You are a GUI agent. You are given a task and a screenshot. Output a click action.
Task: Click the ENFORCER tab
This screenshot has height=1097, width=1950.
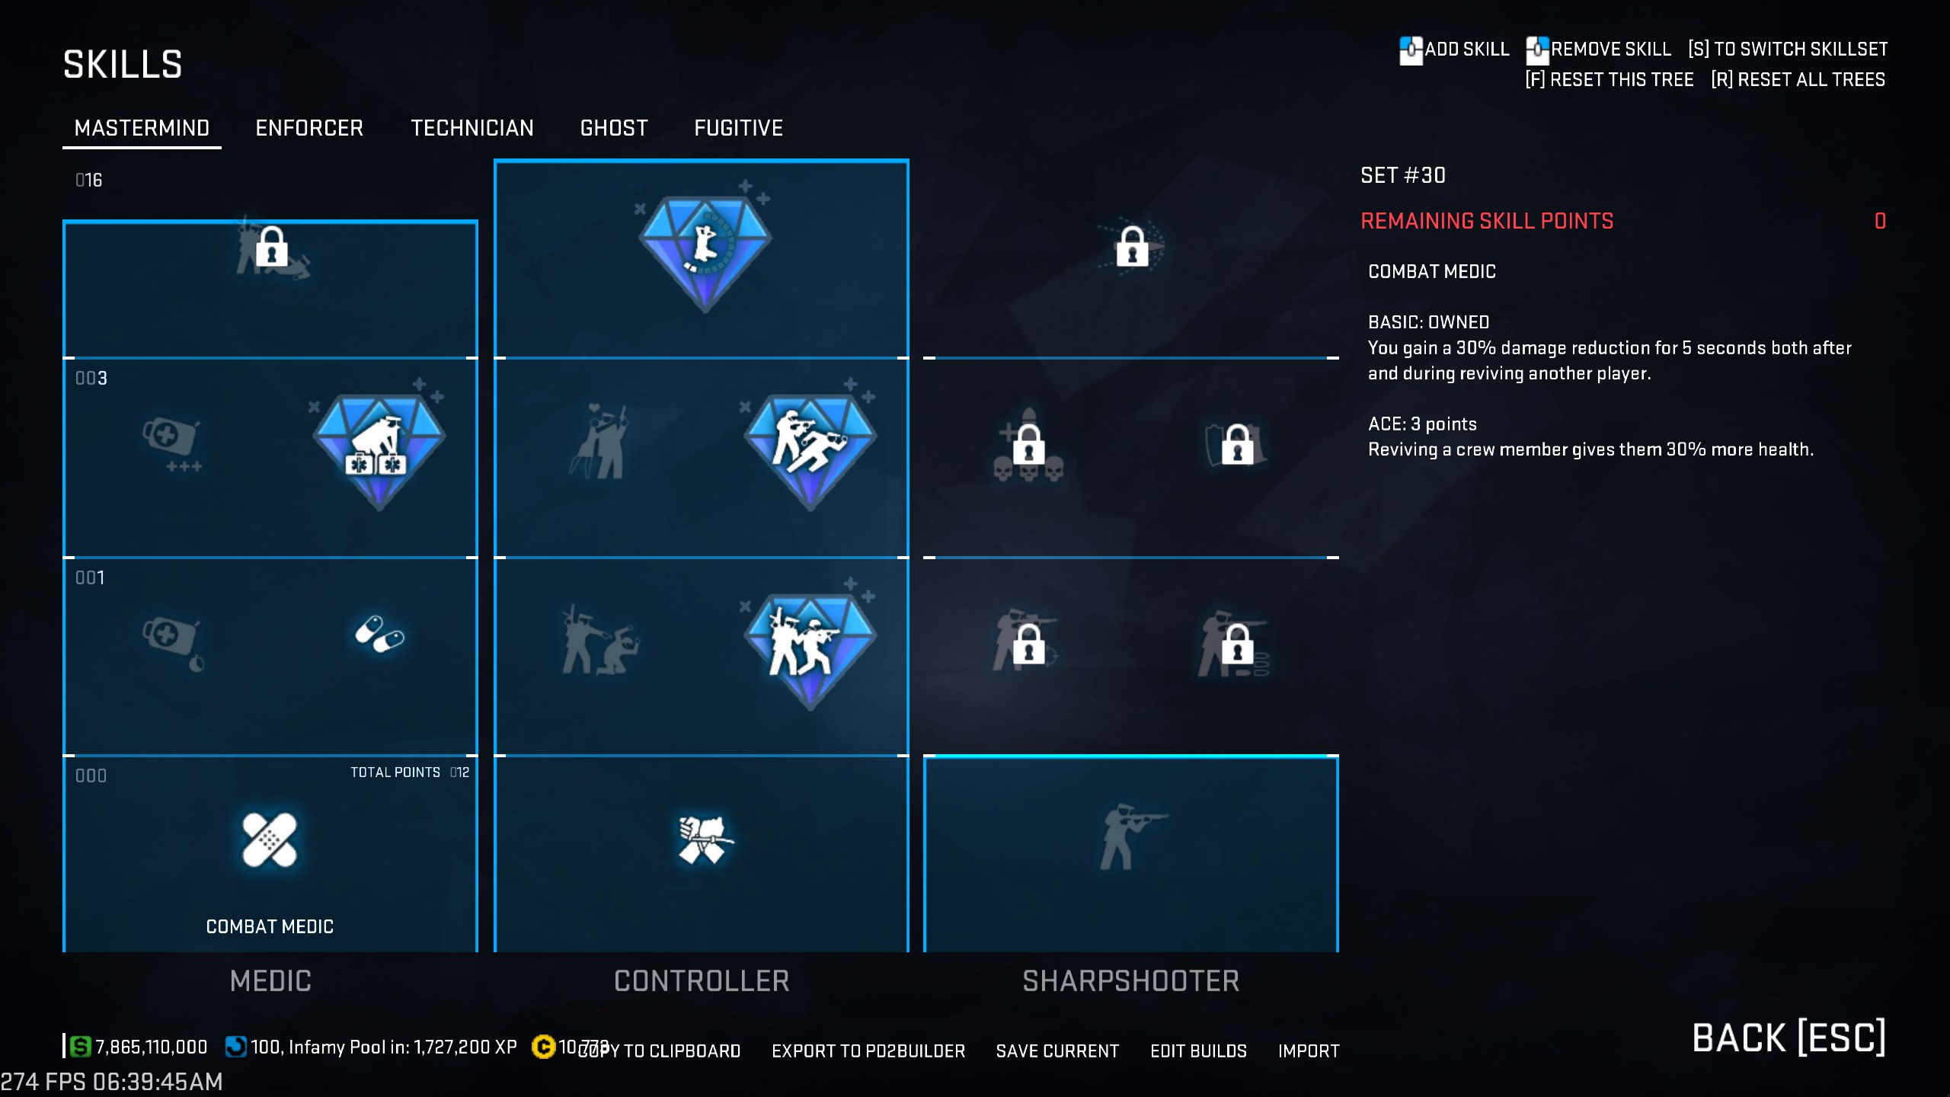pyautogui.click(x=309, y=128)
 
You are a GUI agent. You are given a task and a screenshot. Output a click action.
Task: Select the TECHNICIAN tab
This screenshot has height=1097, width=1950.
pyautogui.click(x=472, y=128)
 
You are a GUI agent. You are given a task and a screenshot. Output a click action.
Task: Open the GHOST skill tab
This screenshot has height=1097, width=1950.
pyautogui.click(x=614, y=128)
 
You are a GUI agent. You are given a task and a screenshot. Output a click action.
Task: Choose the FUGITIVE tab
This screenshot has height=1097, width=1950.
pyautogui.click(x=738, y=128)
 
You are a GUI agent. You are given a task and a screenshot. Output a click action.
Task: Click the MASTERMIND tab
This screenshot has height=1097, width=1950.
pyautogui.click(x=142, y=128)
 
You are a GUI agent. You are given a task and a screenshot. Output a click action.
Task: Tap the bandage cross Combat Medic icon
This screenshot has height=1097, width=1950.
pyautogui.click(x=270, y=840)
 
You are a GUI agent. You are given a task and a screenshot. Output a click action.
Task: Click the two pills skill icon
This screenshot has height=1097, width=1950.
pyautogui.click(x=379, y=634)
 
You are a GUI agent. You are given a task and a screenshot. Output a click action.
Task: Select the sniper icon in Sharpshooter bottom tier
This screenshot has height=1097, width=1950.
pyautogui.click(x=1130, y=836)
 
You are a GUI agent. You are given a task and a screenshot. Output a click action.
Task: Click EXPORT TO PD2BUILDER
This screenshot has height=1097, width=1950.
pyautogui.click(x=868, y=1051)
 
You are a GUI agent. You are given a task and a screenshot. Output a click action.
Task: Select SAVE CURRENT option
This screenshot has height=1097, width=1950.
pyautogui.click(x=1057, y=1051)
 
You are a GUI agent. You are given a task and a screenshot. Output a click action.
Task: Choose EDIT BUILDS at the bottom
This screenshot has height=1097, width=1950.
pyautogui.click(x=1198, y=1051)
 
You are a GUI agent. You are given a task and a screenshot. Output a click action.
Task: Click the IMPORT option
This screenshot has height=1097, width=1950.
pyautogui.click(x=1309, y=1051)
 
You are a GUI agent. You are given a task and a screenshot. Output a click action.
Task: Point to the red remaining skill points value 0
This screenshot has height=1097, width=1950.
pyautogui.click(x=1880, y=222)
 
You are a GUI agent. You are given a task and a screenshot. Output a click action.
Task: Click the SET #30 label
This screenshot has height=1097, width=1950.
pyautogui.click(x=1403, y=176)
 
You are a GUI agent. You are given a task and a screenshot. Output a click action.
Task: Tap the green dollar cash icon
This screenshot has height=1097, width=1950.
pyautogui.click(x=80, y=1047)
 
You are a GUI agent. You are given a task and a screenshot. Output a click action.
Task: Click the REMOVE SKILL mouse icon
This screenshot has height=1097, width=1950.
pyautogui.click(x=1537, y=50)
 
